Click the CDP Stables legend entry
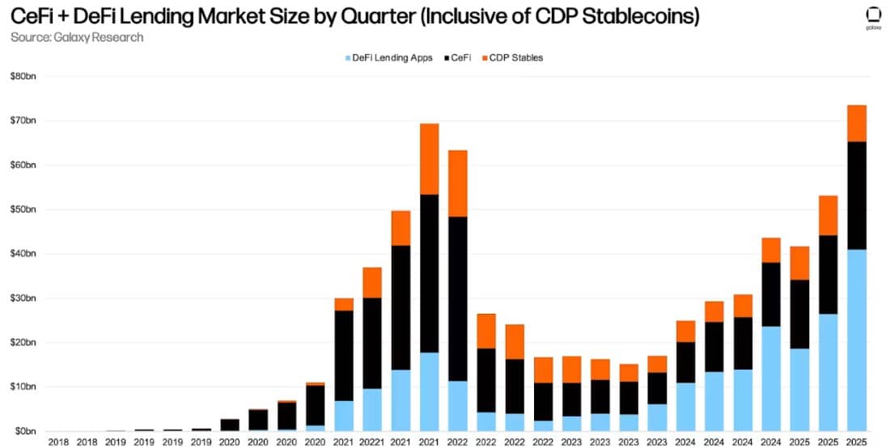515,58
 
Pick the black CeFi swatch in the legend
447,58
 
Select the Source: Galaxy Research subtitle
76,37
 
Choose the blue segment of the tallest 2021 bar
429,391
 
